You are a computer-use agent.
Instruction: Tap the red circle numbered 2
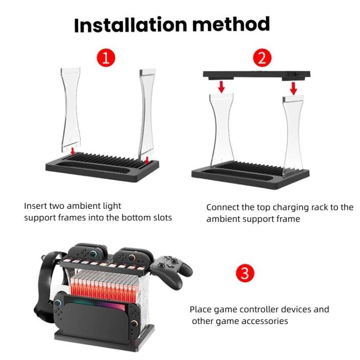click(262, 59)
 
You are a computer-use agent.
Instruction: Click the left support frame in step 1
click(70, 108)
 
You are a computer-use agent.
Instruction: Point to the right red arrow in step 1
click(145, 159)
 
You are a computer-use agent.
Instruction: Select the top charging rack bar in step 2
click(257, 74)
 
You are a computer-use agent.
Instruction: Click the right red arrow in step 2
click(293, 88)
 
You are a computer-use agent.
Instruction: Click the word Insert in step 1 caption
click(35, 206)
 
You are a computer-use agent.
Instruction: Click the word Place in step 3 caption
click(200, 309)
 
